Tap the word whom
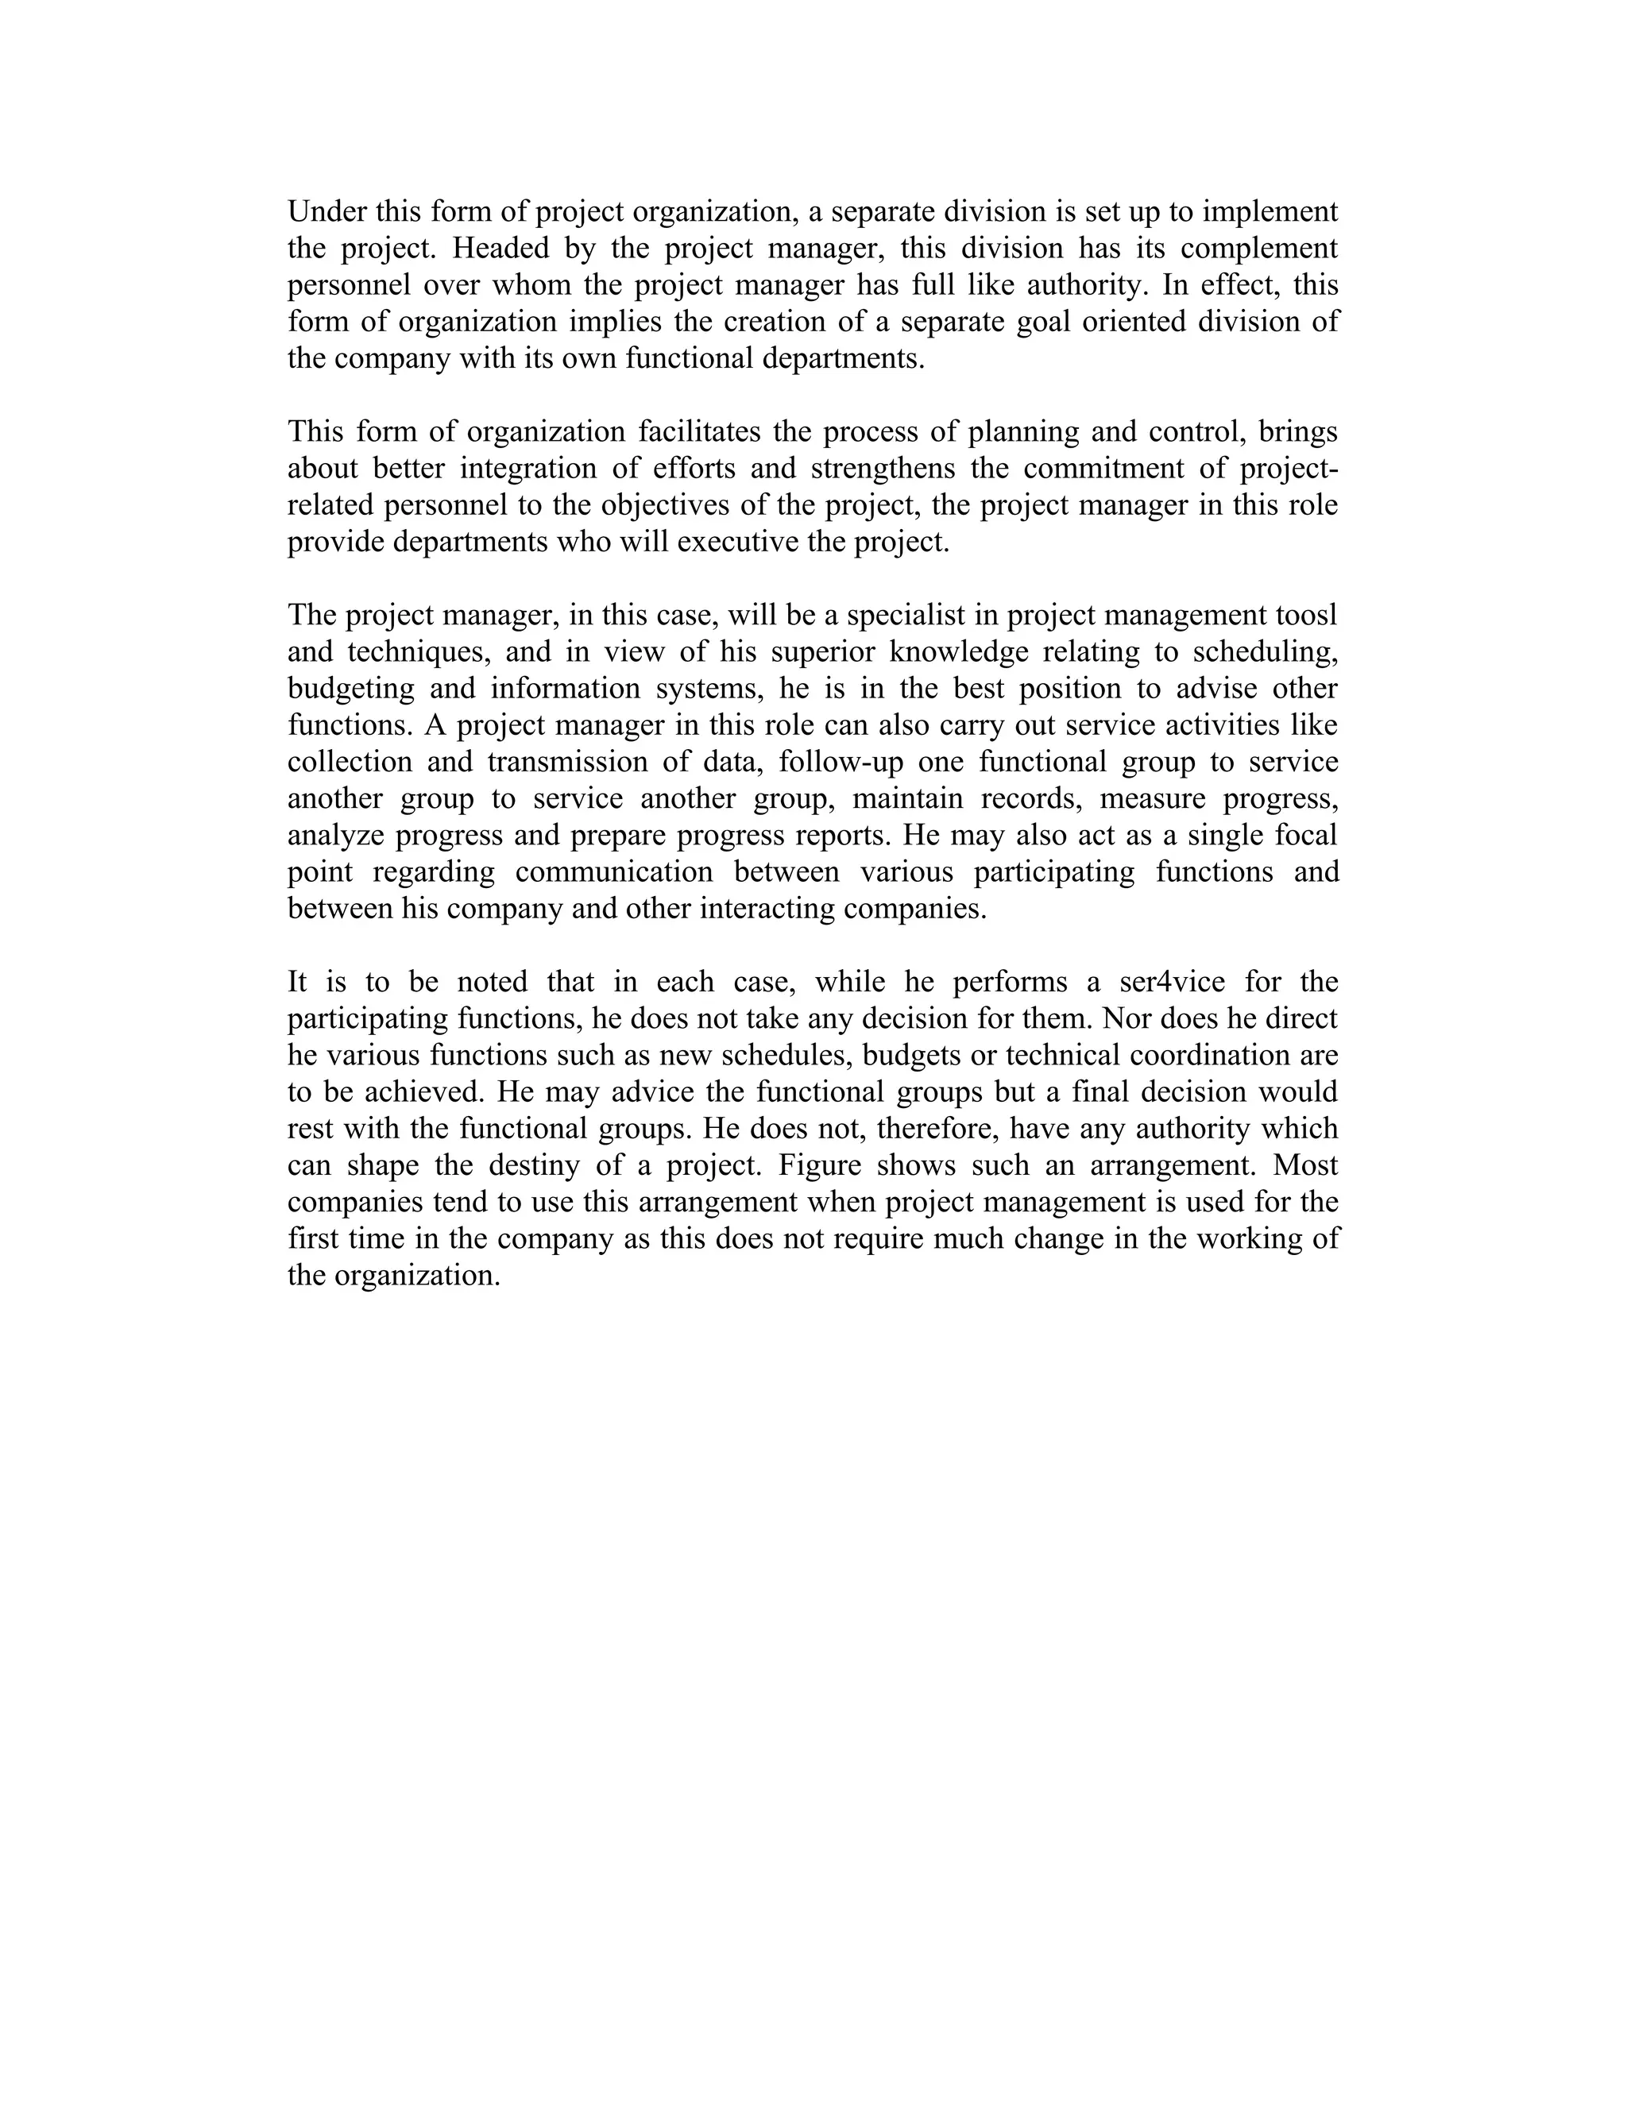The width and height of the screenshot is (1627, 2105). point(531,284)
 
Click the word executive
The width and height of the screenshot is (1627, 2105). point(737,542)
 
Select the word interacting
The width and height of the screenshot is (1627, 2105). point(767,908)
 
